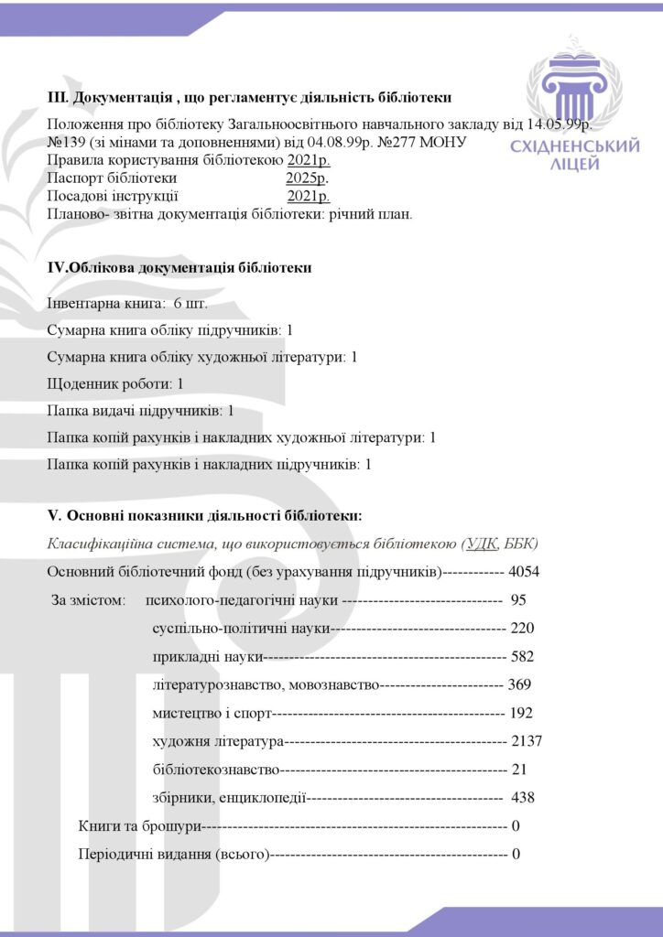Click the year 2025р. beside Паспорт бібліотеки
(307, 178)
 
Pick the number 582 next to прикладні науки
(522, 656)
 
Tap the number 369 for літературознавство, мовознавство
(519, 684)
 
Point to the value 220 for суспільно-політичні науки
(522, 629)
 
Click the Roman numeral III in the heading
(57, 98)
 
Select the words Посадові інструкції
(111, 196)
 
